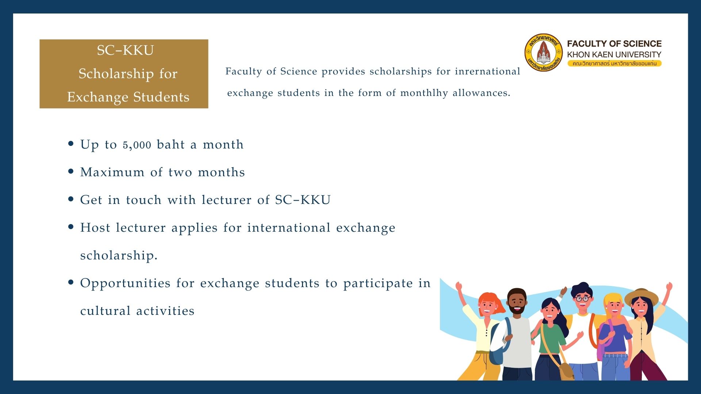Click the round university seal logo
pos(544,53)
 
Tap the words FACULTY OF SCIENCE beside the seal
pos(614,44)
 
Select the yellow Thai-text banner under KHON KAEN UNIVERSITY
pos(614,63)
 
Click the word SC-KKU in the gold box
pos(125,50)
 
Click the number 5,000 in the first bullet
pos(137,145)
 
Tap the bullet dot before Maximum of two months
pos(71,171)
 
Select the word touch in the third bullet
pos(143,200)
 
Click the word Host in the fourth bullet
pos(95,228)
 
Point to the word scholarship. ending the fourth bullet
pos(119,255)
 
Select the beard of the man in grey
pos(517,310)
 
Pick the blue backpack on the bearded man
pos(498,343)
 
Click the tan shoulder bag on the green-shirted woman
pos(566,370)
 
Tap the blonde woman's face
pos(614,306)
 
